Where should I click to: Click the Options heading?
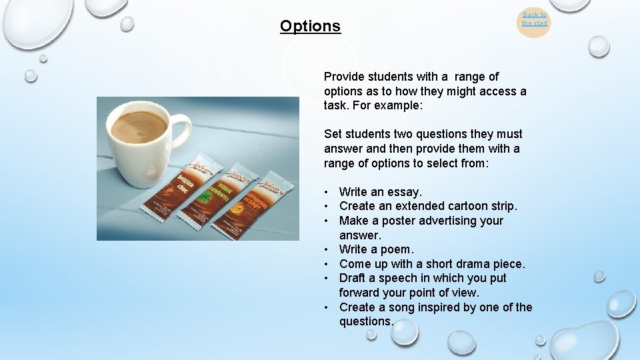pos(310,26)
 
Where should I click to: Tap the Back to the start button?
pos(534,19)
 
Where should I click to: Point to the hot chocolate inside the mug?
pos(139,126)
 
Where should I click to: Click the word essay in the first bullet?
pos(405,192)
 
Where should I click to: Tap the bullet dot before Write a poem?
pos(328,249)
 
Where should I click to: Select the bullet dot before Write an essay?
pos(328,192)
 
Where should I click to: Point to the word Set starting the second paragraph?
pos(333,134)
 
